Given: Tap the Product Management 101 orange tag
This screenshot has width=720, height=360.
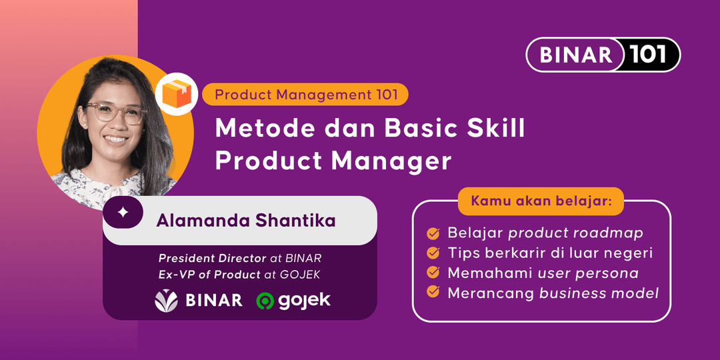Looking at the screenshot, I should point(306,95).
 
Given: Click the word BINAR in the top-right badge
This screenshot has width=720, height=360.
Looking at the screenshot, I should point(575,55).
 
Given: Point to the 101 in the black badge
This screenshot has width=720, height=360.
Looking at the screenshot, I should point(648,55).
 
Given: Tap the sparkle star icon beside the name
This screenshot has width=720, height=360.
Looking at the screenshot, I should point(123,213).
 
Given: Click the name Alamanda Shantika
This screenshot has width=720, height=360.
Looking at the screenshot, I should point(245,221).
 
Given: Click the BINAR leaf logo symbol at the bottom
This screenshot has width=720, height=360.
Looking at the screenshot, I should point(166,301).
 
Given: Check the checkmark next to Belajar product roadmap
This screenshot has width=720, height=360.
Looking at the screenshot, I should point(433,233).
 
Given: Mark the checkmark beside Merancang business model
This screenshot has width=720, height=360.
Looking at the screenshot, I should point(433,292).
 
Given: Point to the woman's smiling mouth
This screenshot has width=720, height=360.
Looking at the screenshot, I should point(116,139).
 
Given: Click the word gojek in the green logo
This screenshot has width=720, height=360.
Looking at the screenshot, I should point(305,301).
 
